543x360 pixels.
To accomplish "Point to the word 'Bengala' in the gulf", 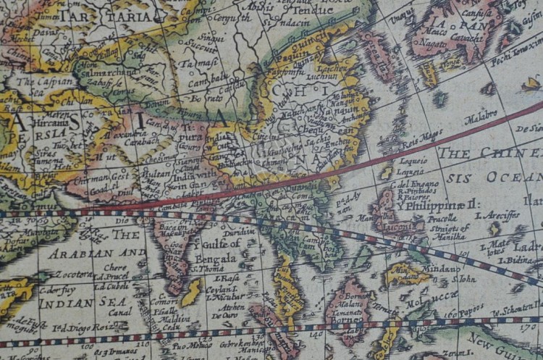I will [x=216, y=258].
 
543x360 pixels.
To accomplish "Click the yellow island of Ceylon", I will [x=192, y=292].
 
